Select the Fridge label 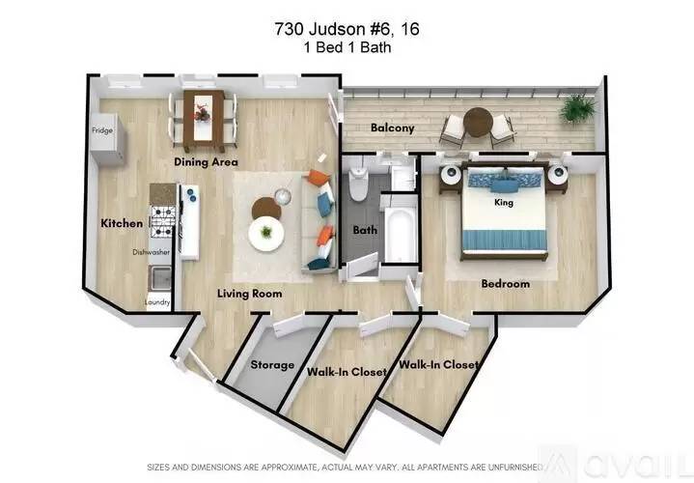point(101,129)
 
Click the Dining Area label point(206,162)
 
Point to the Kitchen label point(122,223)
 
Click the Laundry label point(157,302)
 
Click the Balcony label point(393,128)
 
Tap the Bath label point(365,231)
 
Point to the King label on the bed point(503,204)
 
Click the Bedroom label point(506,284)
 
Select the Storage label point(272,366)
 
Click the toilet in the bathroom point(359,181)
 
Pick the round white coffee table point(266,233)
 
